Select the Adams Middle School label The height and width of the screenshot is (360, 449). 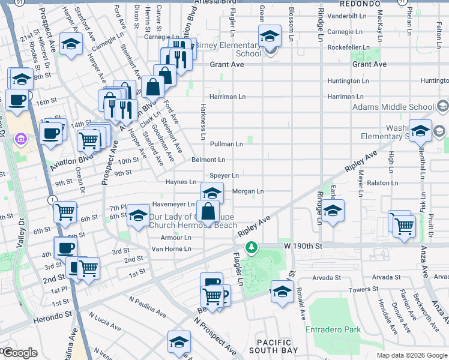point(393,107)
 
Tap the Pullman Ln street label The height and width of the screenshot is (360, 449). point(226,144)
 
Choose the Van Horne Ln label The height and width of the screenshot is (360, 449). point(171,248)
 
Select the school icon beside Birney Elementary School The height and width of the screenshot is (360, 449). point(270,37)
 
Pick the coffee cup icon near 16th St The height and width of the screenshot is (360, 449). point(17,100)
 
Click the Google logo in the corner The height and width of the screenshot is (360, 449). point(20,353)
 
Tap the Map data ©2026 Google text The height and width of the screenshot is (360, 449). point(412,356)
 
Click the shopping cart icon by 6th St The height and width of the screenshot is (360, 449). point(65,211)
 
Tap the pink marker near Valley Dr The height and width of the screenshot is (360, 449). point(21,140)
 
